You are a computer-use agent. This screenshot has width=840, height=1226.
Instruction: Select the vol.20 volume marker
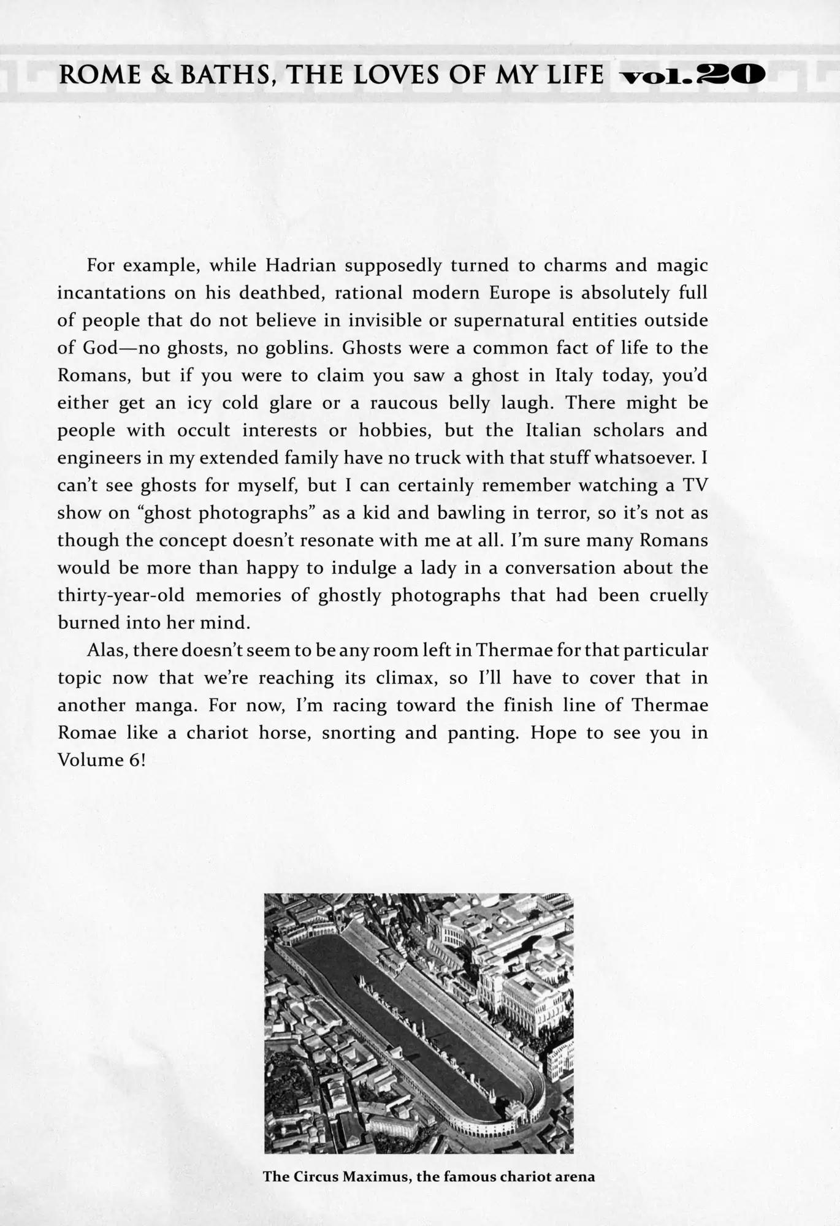[692, 75]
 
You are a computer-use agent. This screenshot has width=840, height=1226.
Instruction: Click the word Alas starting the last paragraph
[107, 650]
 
